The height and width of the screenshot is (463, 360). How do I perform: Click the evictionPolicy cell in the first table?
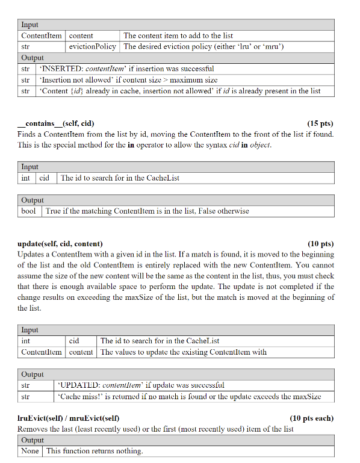coord(93,46)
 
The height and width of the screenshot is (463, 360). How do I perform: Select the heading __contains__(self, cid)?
coord(55,123)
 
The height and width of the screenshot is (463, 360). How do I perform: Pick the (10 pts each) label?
coord(311,418)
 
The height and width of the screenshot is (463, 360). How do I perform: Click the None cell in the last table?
coord(30,451)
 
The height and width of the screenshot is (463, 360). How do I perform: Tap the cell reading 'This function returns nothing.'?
coord(95,451)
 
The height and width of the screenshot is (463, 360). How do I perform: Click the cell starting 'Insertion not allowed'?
coord(128,79)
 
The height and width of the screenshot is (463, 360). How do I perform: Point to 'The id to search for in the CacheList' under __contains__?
coord(120,178)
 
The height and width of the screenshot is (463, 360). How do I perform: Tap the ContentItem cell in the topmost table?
coord(42,36)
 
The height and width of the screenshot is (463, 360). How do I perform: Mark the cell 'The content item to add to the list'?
coord(178,36)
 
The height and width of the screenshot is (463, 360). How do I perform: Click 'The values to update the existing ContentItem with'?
coord(184,352)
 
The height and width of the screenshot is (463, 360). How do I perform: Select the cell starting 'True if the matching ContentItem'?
coord(147,211)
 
